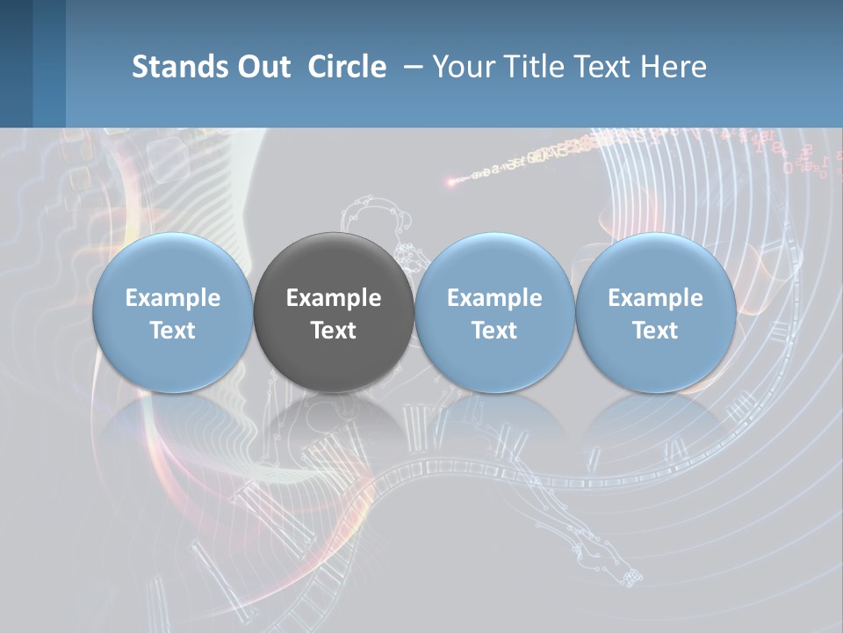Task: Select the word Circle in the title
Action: point(347,67)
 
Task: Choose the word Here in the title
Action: point(674,67)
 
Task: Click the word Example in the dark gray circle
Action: point(334,298)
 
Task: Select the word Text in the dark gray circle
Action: point(334,331)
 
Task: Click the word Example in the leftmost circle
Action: point(173,298)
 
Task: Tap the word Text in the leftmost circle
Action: point(173,331)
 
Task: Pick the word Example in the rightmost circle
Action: point(655,298)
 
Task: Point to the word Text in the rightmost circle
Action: point(655,331)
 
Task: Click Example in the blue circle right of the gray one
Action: point(494,298)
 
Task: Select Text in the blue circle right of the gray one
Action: point(494,331)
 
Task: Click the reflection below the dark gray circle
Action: point(334,422)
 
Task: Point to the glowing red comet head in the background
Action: point(450,182)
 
